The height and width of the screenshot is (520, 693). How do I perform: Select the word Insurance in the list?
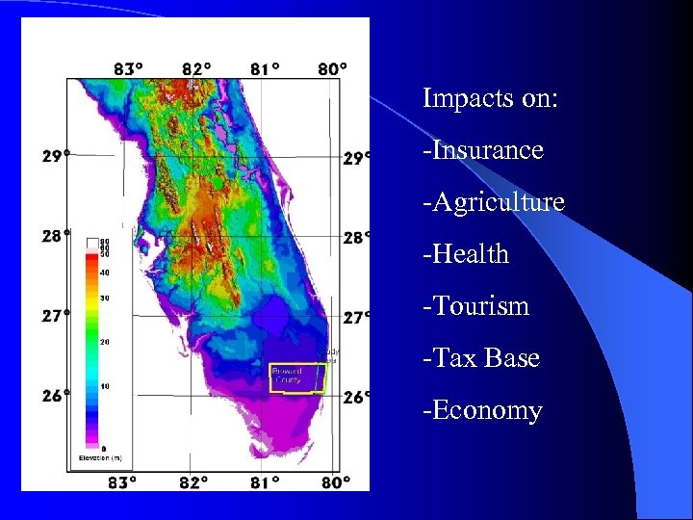pyautogui.click(x=483, y=150)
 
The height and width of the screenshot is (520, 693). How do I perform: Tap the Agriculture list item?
pyautogui.click(x=494, y=202)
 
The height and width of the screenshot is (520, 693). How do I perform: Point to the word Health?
pyautogui.click(x=466, y=254)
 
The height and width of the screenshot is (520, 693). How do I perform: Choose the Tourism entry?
pyautogui.click(x=476, y=306)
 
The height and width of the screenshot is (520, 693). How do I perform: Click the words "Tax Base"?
pyautogui.click(x=481, y=358)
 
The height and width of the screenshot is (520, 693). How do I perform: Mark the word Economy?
pyautogui.click(x=483, y=410)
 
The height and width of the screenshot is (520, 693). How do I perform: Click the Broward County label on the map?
pyautogui.click(x=288, y=376)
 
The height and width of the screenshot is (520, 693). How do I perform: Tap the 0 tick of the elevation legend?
pyautogui.click(x=105, y=448)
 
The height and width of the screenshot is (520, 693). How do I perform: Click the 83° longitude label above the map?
pyautogui.click(x=129, y=68)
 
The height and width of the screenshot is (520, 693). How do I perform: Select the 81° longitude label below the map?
pyautogui.click(x=265, y=481)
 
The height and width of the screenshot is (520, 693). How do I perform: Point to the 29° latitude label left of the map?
pyautogui.click(x=56, y=156)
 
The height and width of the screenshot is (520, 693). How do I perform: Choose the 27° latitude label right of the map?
pyautogui.click(x=356, y=316)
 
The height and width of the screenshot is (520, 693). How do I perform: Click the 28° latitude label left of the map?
pyautogui.click(x=56, y=235)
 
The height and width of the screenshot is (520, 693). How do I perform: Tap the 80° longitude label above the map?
pyautogui.click(x=333, y=68)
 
